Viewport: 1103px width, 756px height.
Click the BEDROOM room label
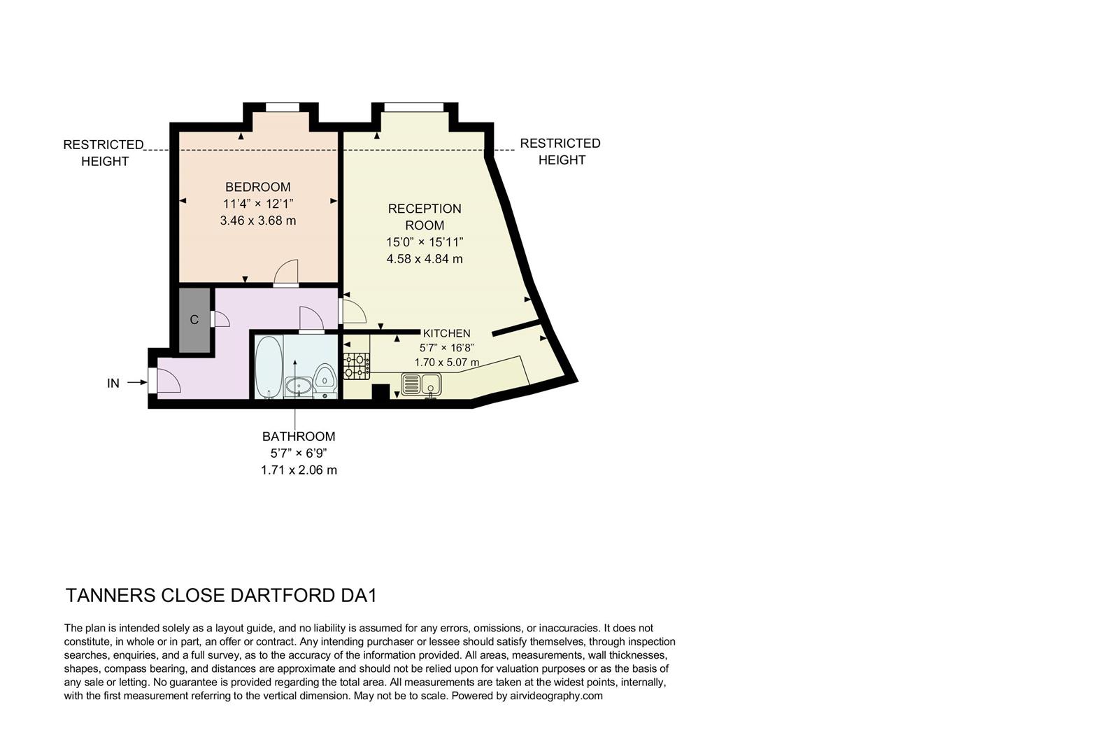click(x=257, y=187)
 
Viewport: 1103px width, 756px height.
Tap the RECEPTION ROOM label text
click(x=425, y=216)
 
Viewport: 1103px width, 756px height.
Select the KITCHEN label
click(x=446, y=333)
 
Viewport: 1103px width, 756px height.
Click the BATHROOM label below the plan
click(x=299, y=436)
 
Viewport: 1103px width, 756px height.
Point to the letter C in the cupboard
click(x=194, y=320)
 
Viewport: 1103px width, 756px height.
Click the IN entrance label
click(x=113, y=383)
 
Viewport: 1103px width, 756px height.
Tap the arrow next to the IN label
click(x=136, y=382)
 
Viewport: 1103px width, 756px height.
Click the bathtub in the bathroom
click(x=267, y=366)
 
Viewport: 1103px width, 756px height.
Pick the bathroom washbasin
click(x=299, y=385)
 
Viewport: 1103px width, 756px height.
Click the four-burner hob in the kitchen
click(x=356, y=366)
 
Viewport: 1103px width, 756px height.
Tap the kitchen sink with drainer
click(x=421, y=384)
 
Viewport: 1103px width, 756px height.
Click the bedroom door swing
click(x=286, y=272)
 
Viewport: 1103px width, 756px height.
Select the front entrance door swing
click(x=166, y=381)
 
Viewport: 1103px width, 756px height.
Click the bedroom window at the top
click(x=282, y=107)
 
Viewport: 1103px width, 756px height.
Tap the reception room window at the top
click(x=413, y=107)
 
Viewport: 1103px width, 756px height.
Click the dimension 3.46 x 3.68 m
click(x=257, y=220)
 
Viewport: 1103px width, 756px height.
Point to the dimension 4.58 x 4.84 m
click(x=425, y=259)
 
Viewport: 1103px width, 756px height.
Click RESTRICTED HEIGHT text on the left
click(x=104, y=153)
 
